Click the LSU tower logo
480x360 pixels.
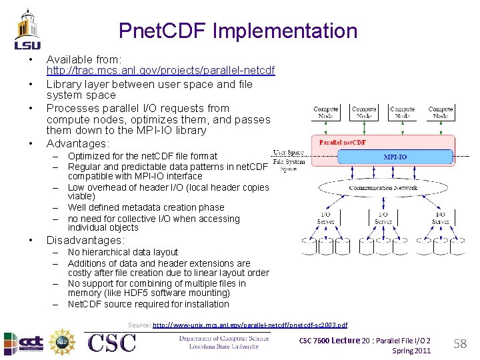(27, 29)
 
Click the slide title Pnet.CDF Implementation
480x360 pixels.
(238, 31)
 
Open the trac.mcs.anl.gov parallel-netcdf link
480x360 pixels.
(160, 70)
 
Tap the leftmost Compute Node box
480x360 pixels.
(326, 111)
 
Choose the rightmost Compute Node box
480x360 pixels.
(441, 111)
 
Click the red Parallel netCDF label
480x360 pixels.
(343, 141)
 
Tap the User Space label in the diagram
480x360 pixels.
(288, 153)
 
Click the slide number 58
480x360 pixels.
(460, 344)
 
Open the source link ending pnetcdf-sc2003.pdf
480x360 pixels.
(250, 325)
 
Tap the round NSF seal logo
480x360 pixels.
(63, 342)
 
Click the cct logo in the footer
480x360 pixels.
(24, 343)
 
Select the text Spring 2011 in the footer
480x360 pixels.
(411, 351)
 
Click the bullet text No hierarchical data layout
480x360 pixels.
(123, 252)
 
